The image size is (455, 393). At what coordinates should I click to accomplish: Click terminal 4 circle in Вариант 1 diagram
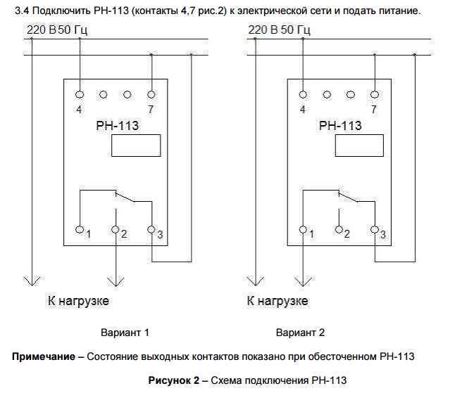80,94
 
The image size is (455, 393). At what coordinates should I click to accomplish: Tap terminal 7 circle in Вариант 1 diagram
151,94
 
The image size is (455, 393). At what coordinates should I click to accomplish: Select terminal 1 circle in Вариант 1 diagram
80,230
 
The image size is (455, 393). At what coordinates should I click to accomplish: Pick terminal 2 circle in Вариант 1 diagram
116,230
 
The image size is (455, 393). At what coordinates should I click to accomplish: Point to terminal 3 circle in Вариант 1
151,230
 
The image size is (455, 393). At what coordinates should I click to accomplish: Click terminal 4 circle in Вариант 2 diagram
303,94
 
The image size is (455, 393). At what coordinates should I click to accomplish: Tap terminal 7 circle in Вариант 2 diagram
375,94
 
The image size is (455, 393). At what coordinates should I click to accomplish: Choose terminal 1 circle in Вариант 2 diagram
303,230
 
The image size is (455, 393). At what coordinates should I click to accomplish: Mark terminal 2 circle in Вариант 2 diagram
339,230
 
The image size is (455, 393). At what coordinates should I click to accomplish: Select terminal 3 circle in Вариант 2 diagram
375,230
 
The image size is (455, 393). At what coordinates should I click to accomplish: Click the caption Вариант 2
300,332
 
